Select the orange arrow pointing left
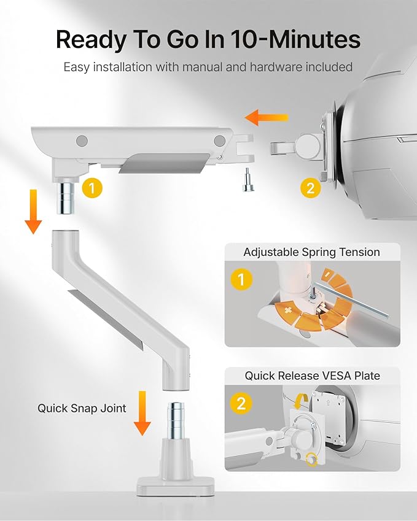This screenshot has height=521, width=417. coord(266,117)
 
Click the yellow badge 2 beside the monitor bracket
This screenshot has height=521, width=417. coord(310,188)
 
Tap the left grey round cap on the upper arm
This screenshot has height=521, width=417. coord(82,141)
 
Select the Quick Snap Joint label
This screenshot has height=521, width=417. coord(82,408)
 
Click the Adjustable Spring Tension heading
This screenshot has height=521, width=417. coord(311,252)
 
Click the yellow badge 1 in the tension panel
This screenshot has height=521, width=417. coord(241,280)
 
